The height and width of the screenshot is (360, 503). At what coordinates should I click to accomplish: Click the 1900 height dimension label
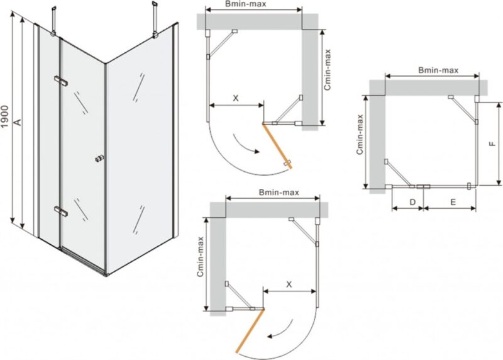pyautogui.click(x=4, y=116)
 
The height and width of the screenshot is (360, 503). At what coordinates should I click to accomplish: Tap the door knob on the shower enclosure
pyautogui.click(x=100, y=159)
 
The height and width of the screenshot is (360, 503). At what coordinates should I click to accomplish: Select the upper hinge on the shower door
pyautogui.click(x=61, y=81)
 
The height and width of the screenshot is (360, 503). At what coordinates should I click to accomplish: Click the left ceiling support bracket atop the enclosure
pyautogui.click(x=53, y=20)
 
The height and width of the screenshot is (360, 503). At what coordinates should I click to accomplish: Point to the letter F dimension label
pyautogui.click(x=492, y=144)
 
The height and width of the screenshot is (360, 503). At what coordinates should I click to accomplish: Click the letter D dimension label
pyautogui.click(x=413, y=202)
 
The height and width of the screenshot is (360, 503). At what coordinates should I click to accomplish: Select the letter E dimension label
pyautogui.click(x=453, y=202)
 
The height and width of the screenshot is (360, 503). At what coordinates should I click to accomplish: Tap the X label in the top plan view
pyautogui.click(x=236, y=98)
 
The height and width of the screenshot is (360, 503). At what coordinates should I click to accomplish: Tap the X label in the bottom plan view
pyautogui.click(x=289, y=284)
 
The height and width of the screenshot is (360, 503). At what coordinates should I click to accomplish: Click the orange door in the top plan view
pyautogui.click(x=277, y=146)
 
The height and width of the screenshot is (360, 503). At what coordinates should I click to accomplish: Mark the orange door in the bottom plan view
pyautogui.click(x=250, y=331)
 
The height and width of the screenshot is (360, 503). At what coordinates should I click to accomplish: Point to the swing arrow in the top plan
pyautogui.click(x=245, y=145)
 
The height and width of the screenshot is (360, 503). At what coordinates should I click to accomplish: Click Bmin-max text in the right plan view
pyautogui.click(x=438, y=70)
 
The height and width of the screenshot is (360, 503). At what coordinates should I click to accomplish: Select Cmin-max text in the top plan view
pyautogui.click(x=327, y=70)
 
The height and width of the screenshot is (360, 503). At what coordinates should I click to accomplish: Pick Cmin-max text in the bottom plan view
pyautogui.click(x=201, y=257)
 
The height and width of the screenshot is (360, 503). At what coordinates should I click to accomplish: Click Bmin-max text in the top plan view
pyautogui.click(x=246, y=4)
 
